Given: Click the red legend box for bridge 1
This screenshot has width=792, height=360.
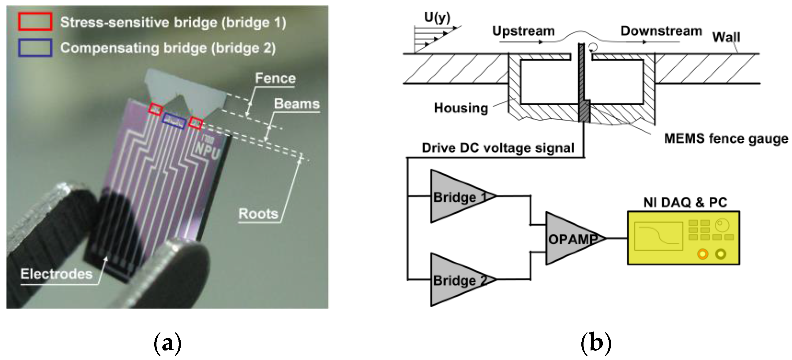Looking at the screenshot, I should click(35, 22).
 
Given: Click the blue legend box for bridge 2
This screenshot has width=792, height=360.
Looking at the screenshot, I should click(35, 48).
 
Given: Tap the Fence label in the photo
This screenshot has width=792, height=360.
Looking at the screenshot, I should click(275, 78).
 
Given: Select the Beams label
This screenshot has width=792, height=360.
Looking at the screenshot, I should click(297, 104).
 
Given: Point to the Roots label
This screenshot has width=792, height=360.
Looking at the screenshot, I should click(258, 214).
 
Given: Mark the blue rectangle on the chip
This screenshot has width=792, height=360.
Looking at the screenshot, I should click(174, 121).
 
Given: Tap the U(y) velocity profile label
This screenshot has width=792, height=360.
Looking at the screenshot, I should click(437, 17).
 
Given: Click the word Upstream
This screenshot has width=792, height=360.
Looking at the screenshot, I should click(523, 31).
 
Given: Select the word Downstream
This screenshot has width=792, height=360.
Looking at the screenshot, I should click(661, 31).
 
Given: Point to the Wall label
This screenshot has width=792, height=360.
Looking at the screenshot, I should click(726, 37).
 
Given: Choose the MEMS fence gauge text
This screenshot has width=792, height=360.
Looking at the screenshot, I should click(726, 139).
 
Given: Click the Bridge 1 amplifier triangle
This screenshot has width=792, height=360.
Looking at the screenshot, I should click(455, 197).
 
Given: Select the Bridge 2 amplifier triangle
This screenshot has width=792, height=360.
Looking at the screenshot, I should click(455, 280).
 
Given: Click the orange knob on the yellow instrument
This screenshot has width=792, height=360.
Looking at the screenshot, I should click(703, 254).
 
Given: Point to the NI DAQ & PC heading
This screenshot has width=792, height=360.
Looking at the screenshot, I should click(685, 203).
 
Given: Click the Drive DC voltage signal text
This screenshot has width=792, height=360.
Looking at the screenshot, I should click(498, 148).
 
